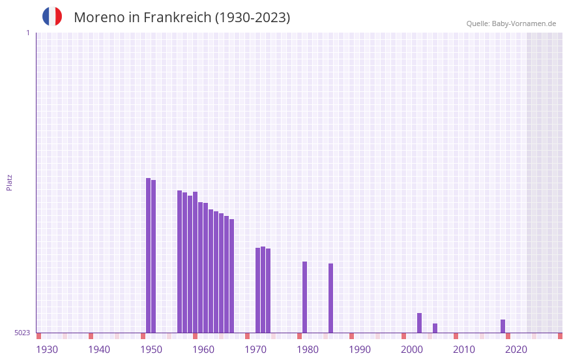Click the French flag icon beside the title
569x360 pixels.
[52, 16]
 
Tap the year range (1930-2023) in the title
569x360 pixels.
[252, 18]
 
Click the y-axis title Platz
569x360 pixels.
[9, 182]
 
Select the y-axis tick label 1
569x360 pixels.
[27, 33]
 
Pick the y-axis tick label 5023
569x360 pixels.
[22, 333]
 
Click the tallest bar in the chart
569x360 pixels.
[149, 255]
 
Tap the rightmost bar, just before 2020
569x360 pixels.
[503, 326]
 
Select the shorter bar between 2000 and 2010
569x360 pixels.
[435, 328]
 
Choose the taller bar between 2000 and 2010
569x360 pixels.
[420, 323]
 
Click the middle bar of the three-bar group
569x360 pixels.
[263, 290]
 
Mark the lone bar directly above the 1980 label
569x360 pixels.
[305, 297]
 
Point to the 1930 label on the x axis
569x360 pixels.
[47, 350]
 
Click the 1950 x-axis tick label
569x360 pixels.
[151, 350]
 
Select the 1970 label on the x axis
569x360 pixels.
[255, 350]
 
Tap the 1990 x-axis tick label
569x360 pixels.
[360, 350]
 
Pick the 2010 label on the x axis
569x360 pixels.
[464, 350]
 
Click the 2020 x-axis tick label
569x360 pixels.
[516, 350]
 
